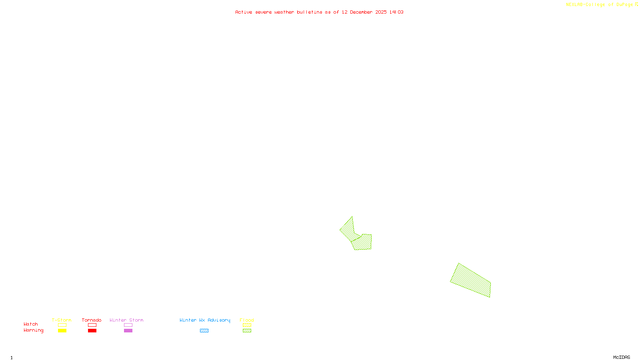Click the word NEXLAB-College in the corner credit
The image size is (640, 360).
585,5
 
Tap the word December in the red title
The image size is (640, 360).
361,12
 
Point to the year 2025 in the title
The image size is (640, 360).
381,12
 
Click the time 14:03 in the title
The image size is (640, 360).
396,12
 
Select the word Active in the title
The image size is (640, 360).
244,12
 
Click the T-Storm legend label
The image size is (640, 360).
62,320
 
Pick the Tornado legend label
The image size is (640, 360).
92,320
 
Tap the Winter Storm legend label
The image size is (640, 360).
126,320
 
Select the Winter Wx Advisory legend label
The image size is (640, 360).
205,320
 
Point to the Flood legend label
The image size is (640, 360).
247,320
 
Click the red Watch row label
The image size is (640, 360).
31,324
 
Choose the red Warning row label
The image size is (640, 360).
34,330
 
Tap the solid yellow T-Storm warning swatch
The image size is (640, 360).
62,331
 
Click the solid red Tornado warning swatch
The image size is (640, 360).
92,331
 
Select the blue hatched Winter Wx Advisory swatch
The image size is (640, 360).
204,331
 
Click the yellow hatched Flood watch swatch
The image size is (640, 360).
247,325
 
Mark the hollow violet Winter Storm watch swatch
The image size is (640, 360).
128,325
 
